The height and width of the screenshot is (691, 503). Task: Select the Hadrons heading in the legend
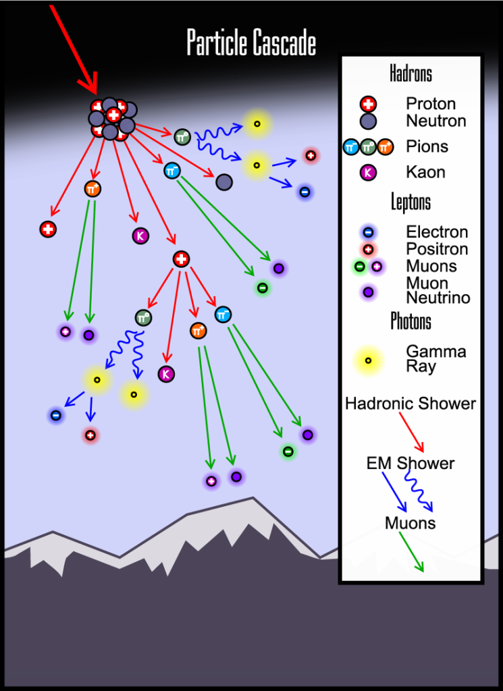411,74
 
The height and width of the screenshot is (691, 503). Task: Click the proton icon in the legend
369,104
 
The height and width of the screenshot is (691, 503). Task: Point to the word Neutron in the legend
435,121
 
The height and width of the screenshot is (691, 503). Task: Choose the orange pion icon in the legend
386,146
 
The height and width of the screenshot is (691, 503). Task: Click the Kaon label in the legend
425,172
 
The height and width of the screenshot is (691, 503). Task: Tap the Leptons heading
411,202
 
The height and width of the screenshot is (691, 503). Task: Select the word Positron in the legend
436,249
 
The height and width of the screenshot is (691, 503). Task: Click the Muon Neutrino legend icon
369,292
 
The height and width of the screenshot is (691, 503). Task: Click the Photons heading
411,321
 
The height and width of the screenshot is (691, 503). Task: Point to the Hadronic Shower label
411,404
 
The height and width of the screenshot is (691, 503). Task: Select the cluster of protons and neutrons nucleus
111,119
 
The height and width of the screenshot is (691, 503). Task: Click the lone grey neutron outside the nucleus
224,181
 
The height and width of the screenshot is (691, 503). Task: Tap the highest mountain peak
253,499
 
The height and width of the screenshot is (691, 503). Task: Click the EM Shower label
411,464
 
